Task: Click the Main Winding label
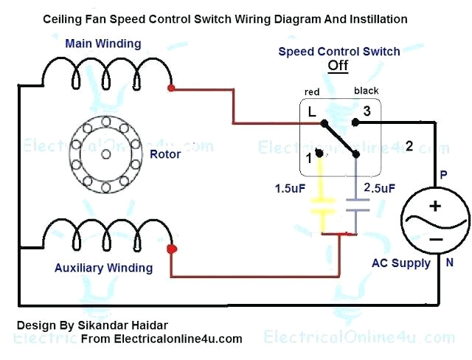pos(103,44)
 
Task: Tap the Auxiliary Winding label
pos(104,268)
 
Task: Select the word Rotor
pos(164,154)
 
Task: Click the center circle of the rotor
pos(105,153)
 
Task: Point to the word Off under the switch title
pos(338,66)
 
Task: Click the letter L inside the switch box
pos(313,113)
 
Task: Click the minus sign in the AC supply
pos(435,239)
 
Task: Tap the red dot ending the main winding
pos(172,89)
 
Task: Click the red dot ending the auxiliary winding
pos(172,249)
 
